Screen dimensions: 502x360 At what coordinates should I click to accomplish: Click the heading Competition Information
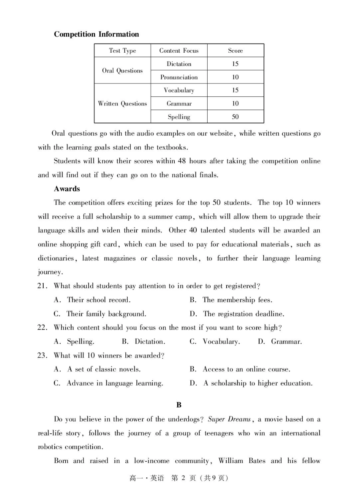(x=96, y=34)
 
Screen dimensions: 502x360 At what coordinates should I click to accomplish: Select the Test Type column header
(x=122, y=50)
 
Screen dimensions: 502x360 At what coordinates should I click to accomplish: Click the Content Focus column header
(x=179, y=50)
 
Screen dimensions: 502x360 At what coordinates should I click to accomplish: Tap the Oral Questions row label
(x=122, y=71)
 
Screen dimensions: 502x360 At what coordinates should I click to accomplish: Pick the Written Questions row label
(x=122, y=104)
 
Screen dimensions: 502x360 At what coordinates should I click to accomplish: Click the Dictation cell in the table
(x=179, y=64)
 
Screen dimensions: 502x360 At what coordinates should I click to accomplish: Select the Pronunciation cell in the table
(x=179, y=77)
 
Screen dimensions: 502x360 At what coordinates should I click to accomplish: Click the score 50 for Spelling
(x=235, y=117)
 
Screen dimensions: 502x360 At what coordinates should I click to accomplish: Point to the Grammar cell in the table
(x=179, y=104)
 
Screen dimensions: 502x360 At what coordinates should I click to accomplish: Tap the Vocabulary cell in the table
(x=179, y=90)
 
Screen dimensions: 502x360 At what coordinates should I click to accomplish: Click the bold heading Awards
(x=67, y=189)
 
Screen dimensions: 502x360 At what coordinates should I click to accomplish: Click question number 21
(x=42, y=286)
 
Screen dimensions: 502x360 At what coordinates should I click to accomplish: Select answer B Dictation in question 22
(x=144, y=341)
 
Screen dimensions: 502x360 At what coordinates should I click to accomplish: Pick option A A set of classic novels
(x=97, y=369)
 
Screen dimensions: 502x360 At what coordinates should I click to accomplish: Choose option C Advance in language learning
(x=108, y=383)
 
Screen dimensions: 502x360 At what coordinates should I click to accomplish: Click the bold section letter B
(x=179, y=405)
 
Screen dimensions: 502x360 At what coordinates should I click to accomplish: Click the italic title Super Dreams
(x=229, y=419)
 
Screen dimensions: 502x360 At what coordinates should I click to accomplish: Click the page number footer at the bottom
(x=179, y=478)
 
